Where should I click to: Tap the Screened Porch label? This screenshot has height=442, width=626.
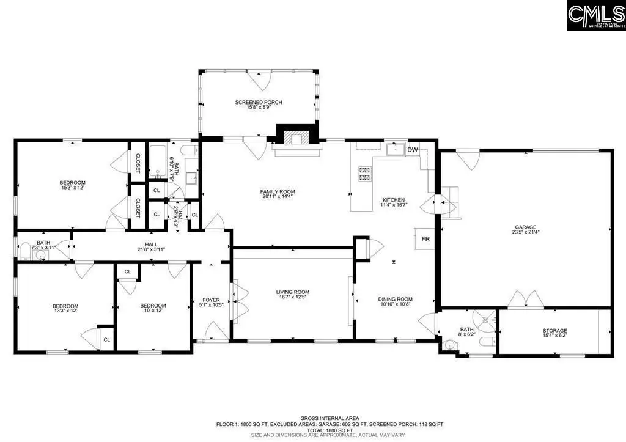pyautogui.click(x=259, y=102)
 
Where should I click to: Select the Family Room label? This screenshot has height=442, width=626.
pyautogui.click(x=278, y=192)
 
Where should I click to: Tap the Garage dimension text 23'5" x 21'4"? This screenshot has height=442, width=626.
pyautogui.click(x=526, y=232)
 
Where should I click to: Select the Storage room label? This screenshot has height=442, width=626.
pyautogui.click(x=554, y=331)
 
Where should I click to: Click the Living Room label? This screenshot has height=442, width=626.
pyautogui.click(x=292, y=292)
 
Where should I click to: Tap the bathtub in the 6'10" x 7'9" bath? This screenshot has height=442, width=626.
pyautogui.click(x=156, y=161)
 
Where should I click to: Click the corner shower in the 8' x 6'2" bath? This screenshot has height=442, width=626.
pyautogui.click(x=488, y=320)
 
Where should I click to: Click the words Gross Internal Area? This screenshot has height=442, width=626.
pyautogui.click(x=313, y=418)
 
